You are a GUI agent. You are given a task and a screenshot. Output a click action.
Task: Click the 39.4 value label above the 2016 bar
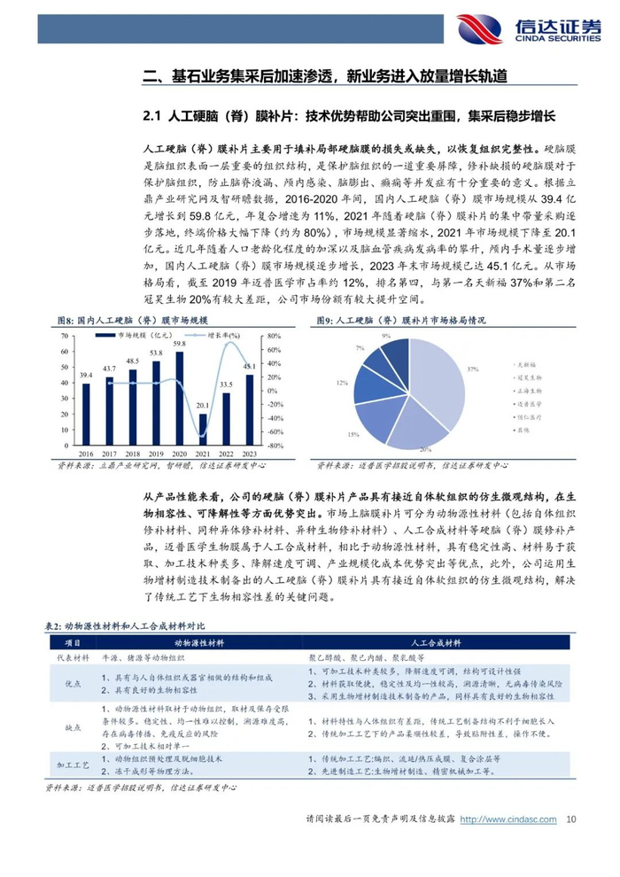point(86,375)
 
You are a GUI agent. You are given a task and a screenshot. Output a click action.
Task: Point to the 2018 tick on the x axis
point(133,452)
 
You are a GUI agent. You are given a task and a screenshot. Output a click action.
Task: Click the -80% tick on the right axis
point(275,446)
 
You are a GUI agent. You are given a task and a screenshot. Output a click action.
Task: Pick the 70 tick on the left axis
point(65,336)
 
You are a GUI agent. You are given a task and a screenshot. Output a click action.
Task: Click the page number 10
point(571,820)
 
